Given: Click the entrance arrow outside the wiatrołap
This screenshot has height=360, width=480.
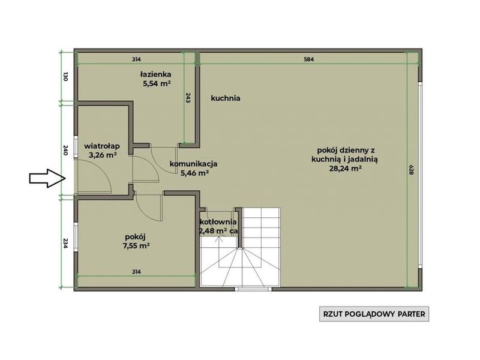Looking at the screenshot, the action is (47, 178).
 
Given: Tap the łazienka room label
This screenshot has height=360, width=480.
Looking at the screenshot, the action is (156, 74).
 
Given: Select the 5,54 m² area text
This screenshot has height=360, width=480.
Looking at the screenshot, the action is (157, 83).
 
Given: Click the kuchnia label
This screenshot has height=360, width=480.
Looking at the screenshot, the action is (226, 98).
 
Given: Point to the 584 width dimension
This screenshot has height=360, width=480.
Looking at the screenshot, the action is (308, 59).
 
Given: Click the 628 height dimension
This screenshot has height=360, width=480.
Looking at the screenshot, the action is (411, 170).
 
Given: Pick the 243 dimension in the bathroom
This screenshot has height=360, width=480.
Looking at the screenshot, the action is (188, 98).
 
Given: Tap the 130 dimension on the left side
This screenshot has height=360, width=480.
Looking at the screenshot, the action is (65, 76).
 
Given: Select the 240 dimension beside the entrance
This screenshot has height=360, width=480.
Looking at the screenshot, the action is (65, 151).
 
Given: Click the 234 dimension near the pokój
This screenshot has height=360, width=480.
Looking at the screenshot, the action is (65, 244).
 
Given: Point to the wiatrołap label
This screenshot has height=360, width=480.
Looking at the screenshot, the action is (102, 146).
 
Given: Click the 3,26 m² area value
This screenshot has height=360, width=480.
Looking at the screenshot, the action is (103, 155).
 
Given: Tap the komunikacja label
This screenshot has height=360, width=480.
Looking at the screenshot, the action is (193, 164).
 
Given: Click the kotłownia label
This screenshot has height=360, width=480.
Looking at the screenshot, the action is (218, 222).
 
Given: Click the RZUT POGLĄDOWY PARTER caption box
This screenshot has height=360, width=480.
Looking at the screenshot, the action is (374, 314).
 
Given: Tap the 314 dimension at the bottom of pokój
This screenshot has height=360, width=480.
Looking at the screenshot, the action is (136, 272).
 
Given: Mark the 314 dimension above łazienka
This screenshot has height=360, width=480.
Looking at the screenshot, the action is (136, 59).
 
